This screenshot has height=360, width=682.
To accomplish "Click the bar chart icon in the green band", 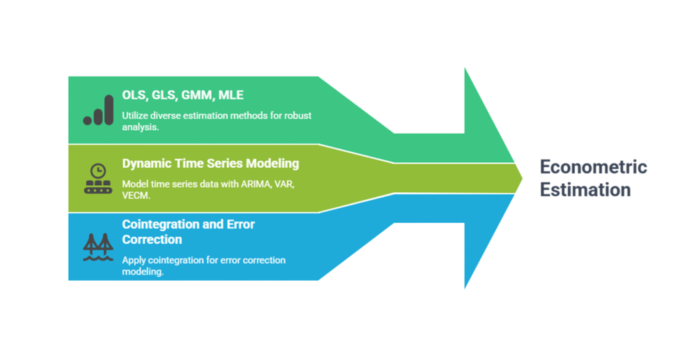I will (98, 109).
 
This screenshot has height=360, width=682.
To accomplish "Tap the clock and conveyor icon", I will (98, 178).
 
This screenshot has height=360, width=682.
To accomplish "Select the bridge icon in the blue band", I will (98, 247).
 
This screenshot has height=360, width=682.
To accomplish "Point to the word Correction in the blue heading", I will (152, 240).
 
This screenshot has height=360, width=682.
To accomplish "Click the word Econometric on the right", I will (594, 168).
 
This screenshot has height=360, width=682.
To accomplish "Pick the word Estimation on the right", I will (585, 189).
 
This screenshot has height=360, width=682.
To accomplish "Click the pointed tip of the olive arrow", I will (521, 179).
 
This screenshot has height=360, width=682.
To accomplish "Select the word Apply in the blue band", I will (134, 260).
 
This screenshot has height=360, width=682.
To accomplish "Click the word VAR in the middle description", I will (285, 185).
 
